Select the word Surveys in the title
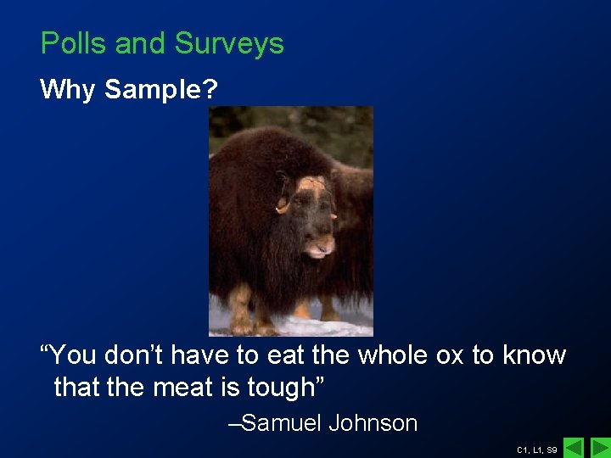(x=229, y=44)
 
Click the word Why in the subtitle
(x=68, y=89)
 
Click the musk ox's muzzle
(x=320, y=249)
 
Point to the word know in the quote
(x=534, y=355)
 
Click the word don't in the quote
(x=132, y=355)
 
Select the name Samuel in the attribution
(x=281, y=422)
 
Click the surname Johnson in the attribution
(x=373, y=422)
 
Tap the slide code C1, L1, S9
(x=536, y=449)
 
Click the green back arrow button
(x=575, y=447)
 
